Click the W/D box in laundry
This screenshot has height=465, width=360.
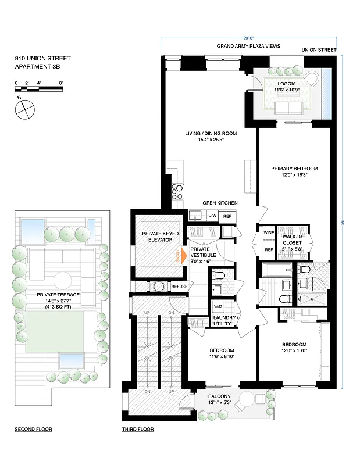(218, 307)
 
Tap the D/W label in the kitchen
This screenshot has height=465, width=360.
(213, 216)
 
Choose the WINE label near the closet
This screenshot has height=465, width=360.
(268, 233)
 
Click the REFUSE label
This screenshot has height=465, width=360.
(179, 286)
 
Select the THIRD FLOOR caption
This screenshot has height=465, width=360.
(137, 430)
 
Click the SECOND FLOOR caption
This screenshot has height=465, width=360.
(33, 430)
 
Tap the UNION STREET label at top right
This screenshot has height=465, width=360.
(319, 50)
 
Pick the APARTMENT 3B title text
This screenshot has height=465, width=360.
(37, 67)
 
